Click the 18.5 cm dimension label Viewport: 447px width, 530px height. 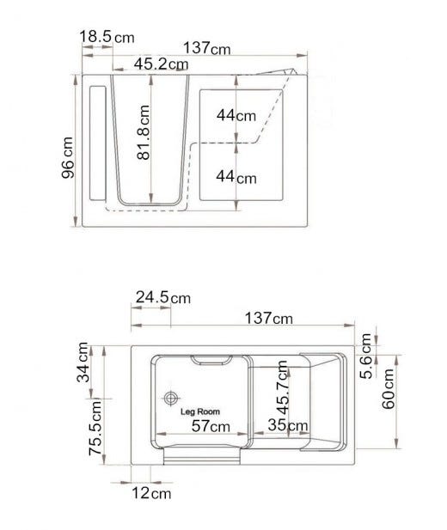pyautogui.click(x=107, y=36)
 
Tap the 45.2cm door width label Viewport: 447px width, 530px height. pyautogui.click(x=161, y=64)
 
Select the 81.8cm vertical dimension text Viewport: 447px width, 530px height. pyautogui.click(x=144, y=132)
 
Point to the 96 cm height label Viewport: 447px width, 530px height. pyautogui.click(x=67, y=157)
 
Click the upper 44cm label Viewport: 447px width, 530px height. pyautogui.click(x=236, y=115)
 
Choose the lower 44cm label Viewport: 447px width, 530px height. pyautogui.click(x=236, y=176)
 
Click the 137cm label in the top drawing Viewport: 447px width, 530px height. pyautogui.click(x=207, y=47)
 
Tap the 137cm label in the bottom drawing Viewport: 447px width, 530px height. pyautogui.click(x=269, y=318)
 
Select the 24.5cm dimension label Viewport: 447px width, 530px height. pyautogui.click(x=163, y=297)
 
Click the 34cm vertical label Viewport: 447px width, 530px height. pyautogui.click(x=83, y=362)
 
